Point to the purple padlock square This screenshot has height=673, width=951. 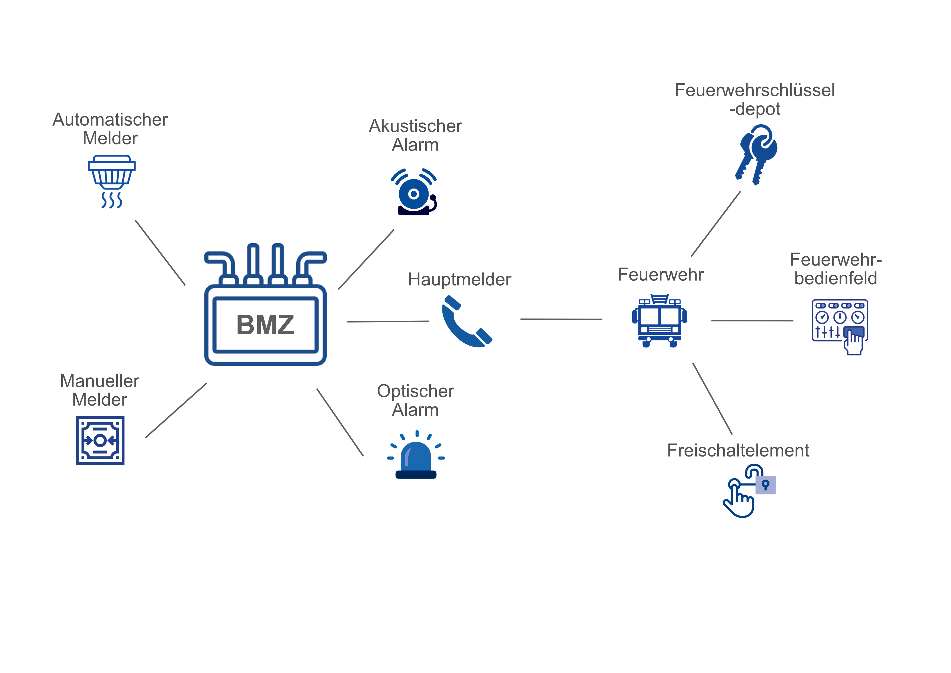[x=766, y=484]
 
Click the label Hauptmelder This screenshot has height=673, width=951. [x=459, y=280]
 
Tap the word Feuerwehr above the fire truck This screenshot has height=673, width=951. [x=660, y=275]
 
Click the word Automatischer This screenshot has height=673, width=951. [x=110, y=120]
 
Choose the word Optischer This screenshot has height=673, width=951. [x=415, y=391]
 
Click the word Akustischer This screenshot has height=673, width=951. [x=415, y=126]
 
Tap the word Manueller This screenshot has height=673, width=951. [x=99, y=381]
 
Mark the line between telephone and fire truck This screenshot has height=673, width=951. [x=561, y=319]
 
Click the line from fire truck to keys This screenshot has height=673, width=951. [x=716, y=224]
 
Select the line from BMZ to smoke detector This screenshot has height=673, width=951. [x=160, y=253]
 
